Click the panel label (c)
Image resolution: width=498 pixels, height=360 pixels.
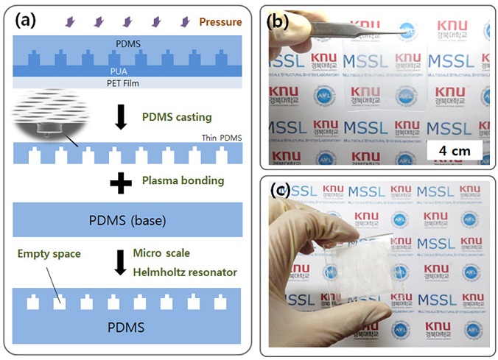(280, 191)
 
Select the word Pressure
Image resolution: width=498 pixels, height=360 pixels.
(220, 22)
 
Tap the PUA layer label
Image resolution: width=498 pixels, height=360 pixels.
(128, 71)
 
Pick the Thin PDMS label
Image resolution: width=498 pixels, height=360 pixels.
(220, 138)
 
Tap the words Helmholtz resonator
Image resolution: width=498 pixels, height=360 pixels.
(184, 272)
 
